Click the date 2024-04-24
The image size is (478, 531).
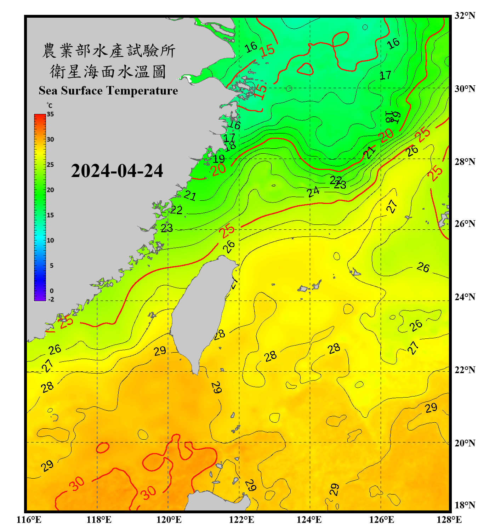click(x=117, y=171)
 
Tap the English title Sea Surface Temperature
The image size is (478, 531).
click(x=108, y=91)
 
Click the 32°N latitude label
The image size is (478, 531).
click(x=465, y=16)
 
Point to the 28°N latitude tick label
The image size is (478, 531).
click(x=465, y=162)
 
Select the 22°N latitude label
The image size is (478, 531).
click(x=465, y=370)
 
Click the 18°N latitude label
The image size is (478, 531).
click(x=465, y=505)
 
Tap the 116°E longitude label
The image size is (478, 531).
click(x=29, y=520)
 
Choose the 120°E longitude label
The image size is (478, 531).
click(x=169, y=520)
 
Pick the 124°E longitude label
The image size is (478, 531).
click(x=309, y=520)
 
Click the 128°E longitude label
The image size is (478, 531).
click(x=449, y=520)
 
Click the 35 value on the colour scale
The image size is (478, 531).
click(x=50, y=114)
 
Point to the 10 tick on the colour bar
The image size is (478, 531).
click(x=50, y=240)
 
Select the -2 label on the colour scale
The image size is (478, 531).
click(x=51, y=299)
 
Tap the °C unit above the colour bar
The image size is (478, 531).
click(x=49, y=105)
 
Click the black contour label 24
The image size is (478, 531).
click(x=313, y=192)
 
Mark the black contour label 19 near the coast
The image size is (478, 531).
click(x=219, y=159)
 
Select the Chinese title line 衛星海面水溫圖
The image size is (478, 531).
click(x=108, y=72)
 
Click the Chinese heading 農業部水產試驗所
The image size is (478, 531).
click(x=108, y=51)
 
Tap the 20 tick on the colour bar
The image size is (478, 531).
click(x=50, y=190)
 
